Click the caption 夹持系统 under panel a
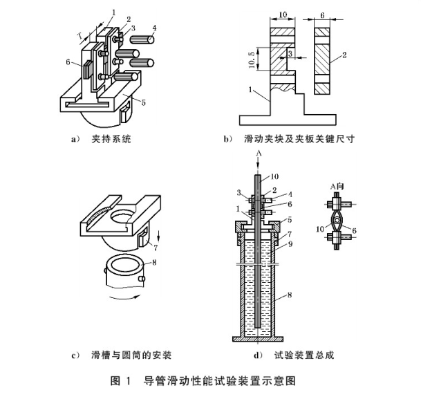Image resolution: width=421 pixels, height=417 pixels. click(111, 139)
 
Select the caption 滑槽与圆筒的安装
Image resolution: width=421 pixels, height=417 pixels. click(131, 355)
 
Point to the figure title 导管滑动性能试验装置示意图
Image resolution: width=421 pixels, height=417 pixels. click(221, 380)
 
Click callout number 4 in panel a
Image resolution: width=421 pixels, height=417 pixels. click(155, 28)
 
